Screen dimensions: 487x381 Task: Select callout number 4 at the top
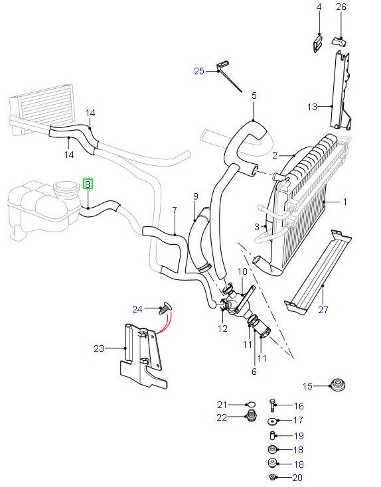[319, 7]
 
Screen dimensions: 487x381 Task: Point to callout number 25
[199, 71]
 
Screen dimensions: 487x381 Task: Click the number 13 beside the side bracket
[313, 106]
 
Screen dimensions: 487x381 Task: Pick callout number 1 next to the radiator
[344, 201]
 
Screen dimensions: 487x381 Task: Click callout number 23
[99, 347]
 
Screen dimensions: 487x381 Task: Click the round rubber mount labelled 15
[339, 385]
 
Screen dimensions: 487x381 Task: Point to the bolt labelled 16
[273, 405]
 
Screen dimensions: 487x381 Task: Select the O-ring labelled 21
[250, 404]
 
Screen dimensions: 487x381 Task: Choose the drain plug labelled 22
[252, 417]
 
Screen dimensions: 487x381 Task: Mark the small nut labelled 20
[272, 478]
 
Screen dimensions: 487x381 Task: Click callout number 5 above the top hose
[253, 96]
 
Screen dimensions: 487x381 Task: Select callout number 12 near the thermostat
[222, 328]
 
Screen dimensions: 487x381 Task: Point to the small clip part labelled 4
[317, 44]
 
